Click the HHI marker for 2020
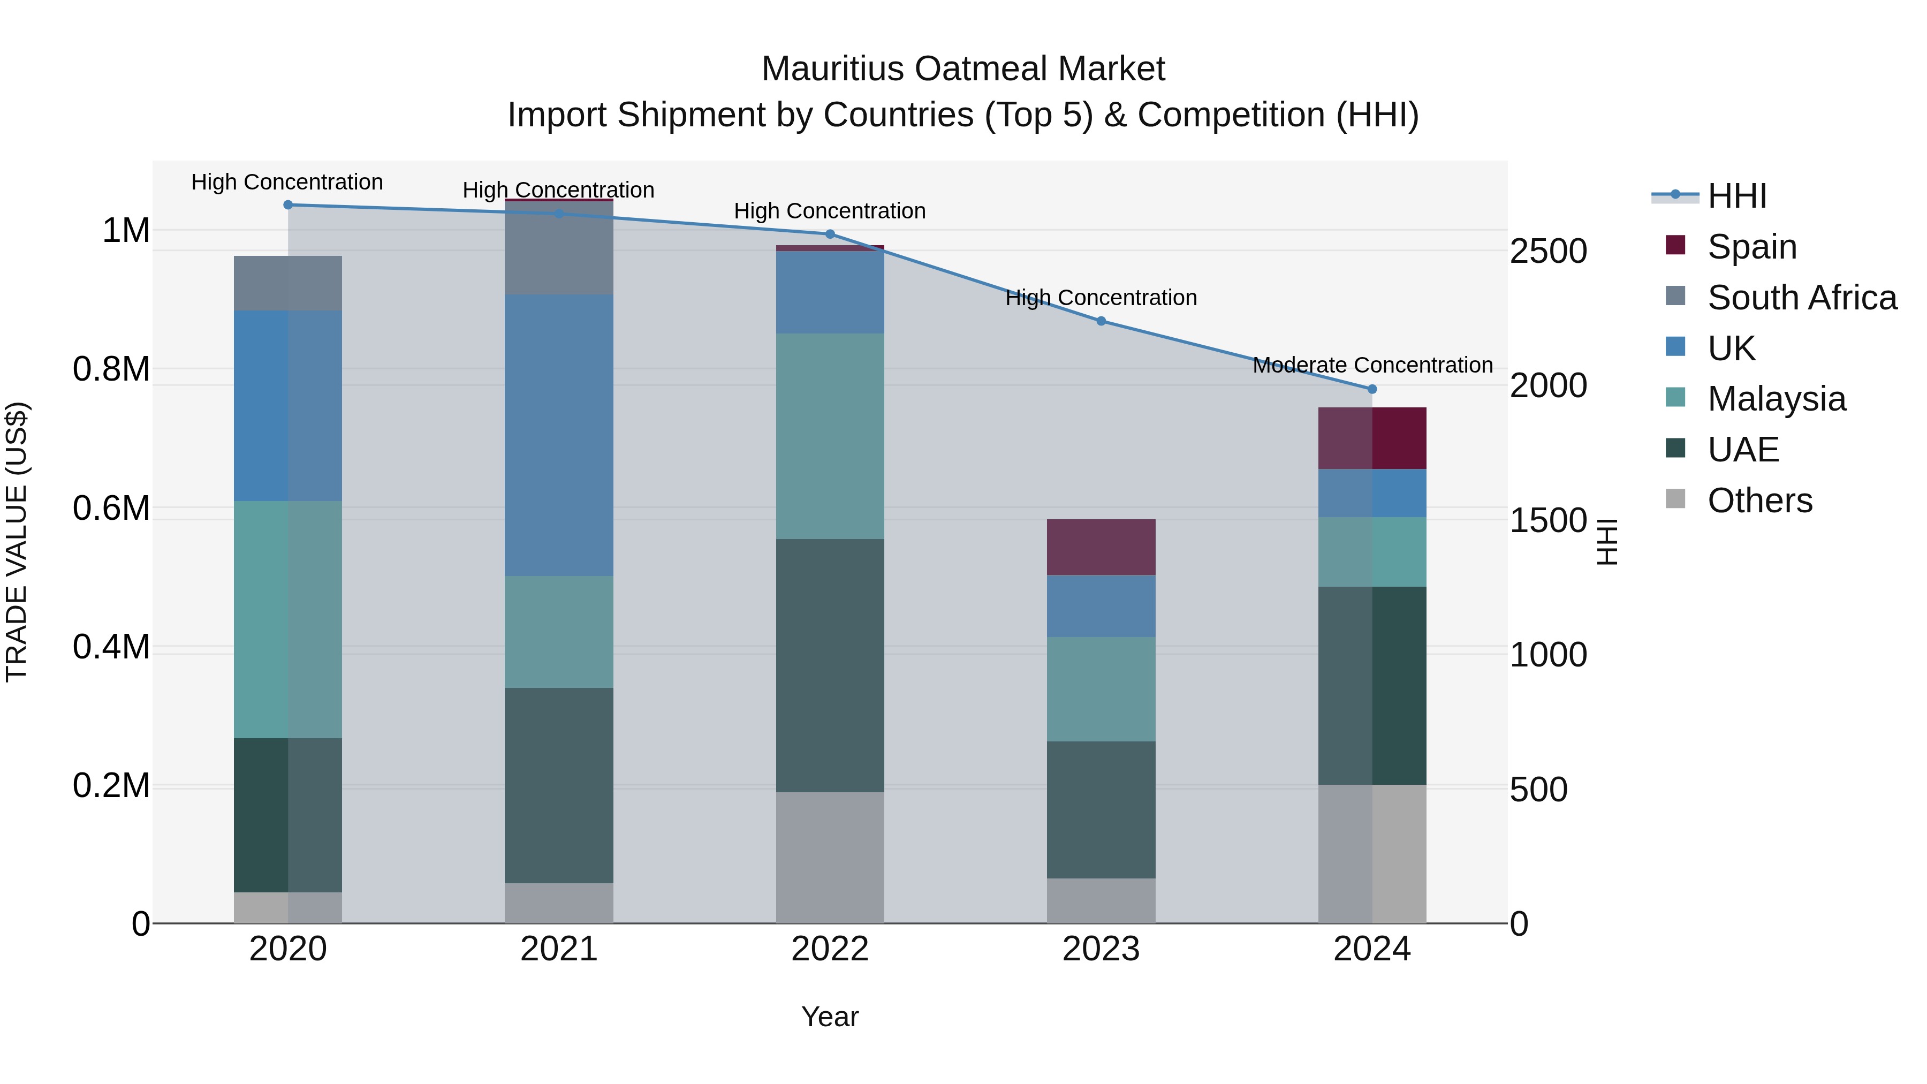coord(288,205)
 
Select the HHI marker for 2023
coord(1101,321)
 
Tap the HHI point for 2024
coord(1372,389)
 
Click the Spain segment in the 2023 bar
coord(1101,547)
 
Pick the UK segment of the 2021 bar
coord(559,435)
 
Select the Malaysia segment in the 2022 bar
coord(830,436)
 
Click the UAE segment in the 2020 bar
coord(288,815)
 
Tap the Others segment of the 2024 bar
coord(1372,854)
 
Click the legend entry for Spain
coord(1752,246)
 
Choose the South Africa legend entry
coord(1801,297)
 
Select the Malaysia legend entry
coord(1776,399)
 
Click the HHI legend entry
coord(1737,195)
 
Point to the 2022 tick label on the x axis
coord(830,949)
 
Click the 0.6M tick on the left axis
coord(111,508)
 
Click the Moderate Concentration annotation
coord(1372,365)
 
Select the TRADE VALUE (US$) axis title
coord(17,542)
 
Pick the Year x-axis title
coord(830,1017)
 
